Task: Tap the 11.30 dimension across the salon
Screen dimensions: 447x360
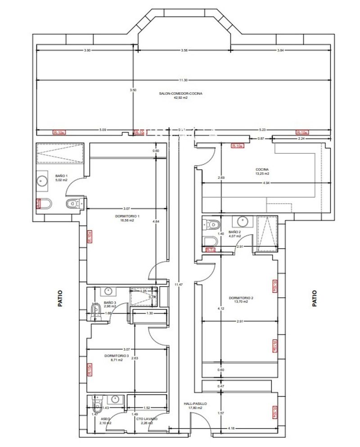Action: click(x=182, y=80)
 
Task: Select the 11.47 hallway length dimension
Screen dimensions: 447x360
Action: click(x=180, y=284)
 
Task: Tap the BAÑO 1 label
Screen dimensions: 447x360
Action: click(x=61, y=178)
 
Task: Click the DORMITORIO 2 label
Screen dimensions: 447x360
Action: click(x=241, y=300)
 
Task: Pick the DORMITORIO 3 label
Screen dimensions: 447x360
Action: click(x=117, y=358)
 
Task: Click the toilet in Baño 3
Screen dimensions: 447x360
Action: click(x=96, y=309)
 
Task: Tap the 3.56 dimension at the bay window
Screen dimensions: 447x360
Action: click(x=184, y=50)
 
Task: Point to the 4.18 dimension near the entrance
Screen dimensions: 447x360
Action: click(x=231, y=428)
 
